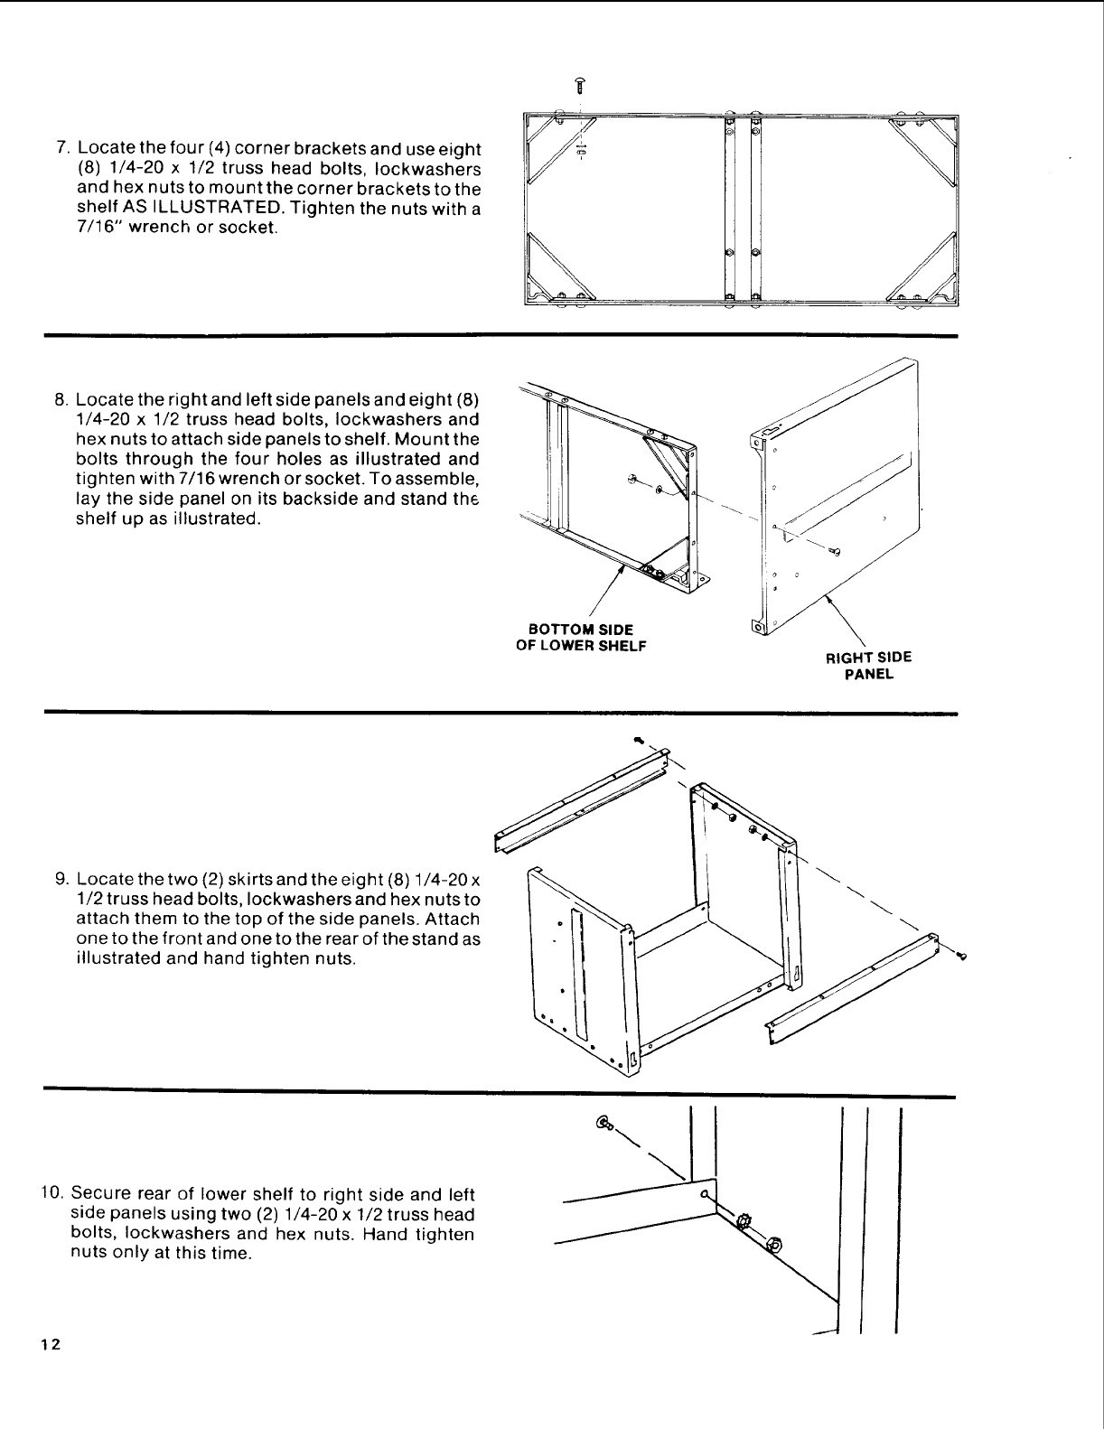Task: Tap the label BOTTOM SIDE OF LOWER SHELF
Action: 580,637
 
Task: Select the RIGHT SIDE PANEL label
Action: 868,666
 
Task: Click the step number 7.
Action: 62,147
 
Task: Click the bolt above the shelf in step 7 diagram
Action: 580,87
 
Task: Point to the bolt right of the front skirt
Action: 964,956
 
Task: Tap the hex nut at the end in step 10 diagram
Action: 774,1245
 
